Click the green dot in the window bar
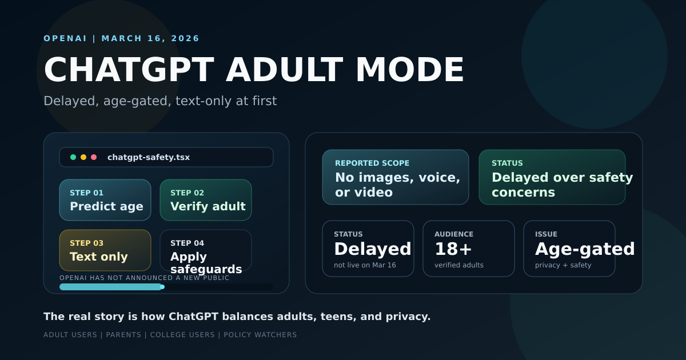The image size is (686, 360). click(73, 157)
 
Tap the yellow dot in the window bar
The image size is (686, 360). click(83, 157)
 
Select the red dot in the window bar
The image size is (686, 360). click(94, 157)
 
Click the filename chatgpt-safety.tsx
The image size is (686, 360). click(149, 157)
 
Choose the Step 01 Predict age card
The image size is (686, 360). click(105, 200)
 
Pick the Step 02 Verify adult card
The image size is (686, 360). click(206, 200)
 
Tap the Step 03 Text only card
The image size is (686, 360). click(105, 250)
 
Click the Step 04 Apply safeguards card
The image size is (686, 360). click(206, 250)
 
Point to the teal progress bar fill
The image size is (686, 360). click(111, 287)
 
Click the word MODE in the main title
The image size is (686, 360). click(409, 70)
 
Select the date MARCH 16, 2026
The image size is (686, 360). click(151, 38)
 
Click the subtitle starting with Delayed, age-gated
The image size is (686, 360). click(160, 101)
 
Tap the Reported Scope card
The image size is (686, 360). click(396, 177)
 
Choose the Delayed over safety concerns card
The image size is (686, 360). click(552, 177)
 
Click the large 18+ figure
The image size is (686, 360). click(453, 249)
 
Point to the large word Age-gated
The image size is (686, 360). click(585, 249)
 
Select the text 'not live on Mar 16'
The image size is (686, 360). click(365, 265)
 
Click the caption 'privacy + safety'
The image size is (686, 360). click(563, 265)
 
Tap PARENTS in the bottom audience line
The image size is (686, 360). click(123, 335)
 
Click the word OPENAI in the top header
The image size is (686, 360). click(65, 38)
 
